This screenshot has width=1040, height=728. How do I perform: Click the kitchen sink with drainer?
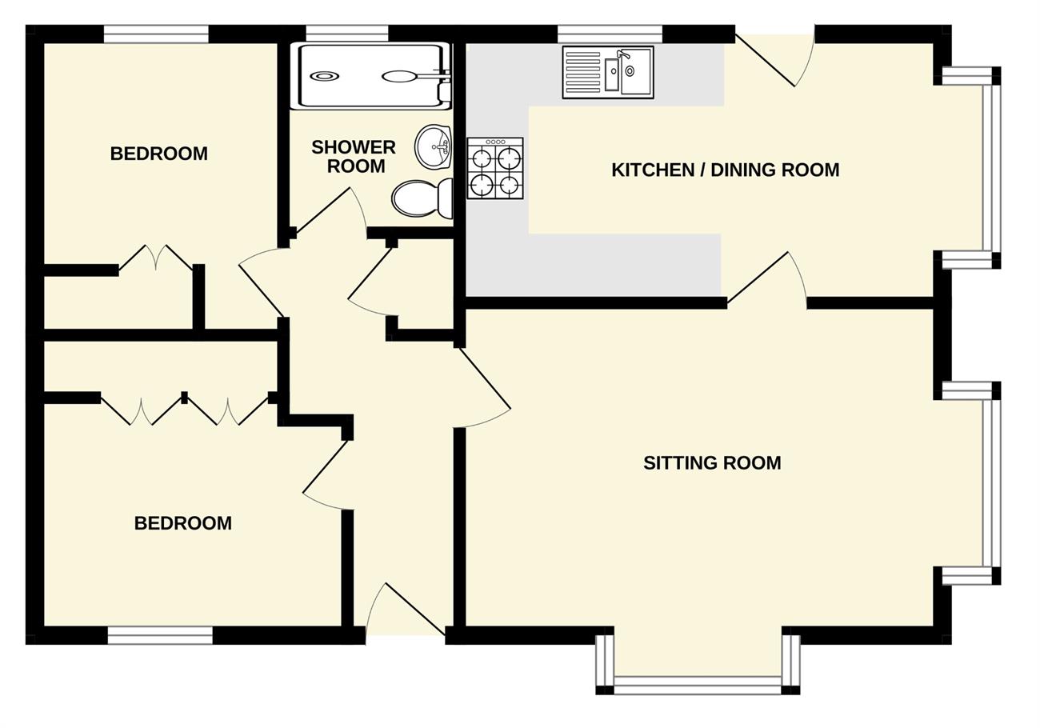point(608,72)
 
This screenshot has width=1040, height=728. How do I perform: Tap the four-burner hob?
point(495,169)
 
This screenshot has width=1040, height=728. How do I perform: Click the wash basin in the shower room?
point(433,147)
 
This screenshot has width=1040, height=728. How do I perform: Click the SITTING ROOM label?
point(712,463)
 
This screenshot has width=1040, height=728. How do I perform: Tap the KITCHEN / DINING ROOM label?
point(725,170)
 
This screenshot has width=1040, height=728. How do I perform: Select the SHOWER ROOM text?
point(354,157)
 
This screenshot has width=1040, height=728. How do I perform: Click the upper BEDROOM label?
point(158,154)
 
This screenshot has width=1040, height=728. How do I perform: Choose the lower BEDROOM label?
point(182,523)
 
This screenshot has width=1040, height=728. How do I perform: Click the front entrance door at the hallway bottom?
point(406,612)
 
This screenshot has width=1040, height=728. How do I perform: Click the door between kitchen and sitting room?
point(764,280)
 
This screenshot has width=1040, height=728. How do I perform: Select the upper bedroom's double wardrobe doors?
point(156,258)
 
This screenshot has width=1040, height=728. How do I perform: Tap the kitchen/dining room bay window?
point(992,168)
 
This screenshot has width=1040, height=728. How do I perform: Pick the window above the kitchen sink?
point(610,34)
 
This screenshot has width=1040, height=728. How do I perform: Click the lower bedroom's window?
point(160,635)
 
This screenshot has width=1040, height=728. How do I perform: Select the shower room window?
point(346,34)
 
